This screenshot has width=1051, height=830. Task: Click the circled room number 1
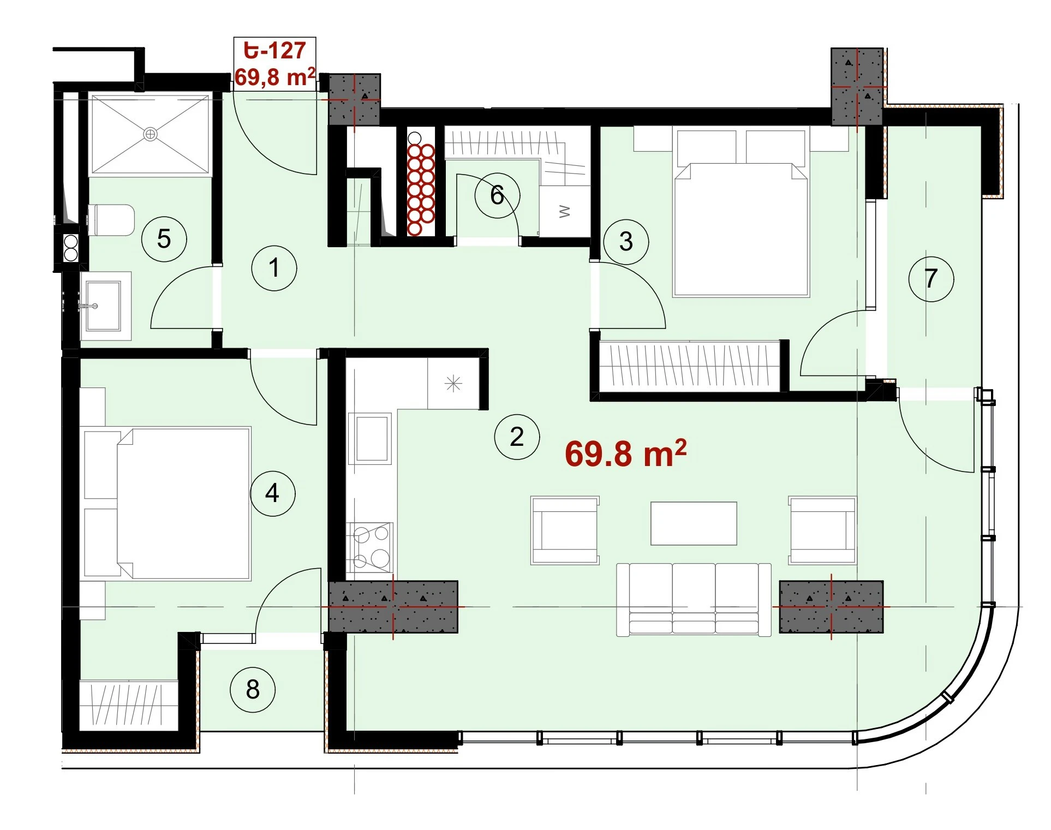[274, 268]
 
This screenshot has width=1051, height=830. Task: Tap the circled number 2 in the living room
[517, 437]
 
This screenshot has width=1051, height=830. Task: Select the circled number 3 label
[626, 242]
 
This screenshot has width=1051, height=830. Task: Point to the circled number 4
[272, 494]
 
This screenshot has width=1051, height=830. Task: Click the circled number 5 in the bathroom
[164, 239]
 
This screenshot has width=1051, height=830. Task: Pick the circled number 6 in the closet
[497, 195]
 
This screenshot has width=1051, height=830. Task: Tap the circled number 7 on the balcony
[931, 279]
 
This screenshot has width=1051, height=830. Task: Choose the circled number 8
[253, 689]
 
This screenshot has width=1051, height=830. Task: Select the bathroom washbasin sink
[104, 306]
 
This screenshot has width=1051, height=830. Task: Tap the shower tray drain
[150, 134]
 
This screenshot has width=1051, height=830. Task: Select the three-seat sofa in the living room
[694, 600]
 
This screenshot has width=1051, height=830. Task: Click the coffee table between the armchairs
[694, 523]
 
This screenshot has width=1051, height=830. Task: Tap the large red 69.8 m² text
[625, 453]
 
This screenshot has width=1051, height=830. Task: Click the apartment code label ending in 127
[274, 50]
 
